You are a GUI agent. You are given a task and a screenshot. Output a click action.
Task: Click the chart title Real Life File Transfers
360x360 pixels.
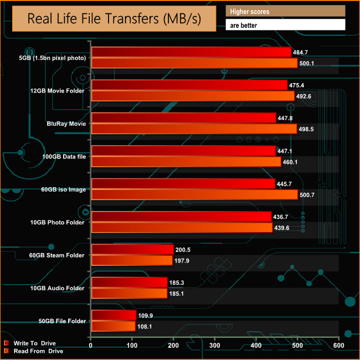(x=115, y=20)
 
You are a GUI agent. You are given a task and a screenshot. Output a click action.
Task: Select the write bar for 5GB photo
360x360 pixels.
(x=191, y=52)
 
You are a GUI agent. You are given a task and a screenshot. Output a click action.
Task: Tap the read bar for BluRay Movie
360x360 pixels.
(x=194, y=129)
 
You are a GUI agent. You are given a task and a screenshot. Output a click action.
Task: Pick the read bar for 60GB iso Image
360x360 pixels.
(x=194, y=195)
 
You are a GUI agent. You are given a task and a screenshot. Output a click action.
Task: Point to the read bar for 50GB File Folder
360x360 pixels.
(x=113, y=327)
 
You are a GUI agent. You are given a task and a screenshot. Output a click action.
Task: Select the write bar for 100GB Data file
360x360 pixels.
(x=183, y=151)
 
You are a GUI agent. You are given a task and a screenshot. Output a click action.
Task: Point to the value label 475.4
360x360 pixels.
(x=297, y=85)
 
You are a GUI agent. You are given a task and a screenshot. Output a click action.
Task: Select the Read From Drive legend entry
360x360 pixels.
(x=35, y=351)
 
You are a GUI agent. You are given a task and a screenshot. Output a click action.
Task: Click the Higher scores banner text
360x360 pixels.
(x=250, y=11)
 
